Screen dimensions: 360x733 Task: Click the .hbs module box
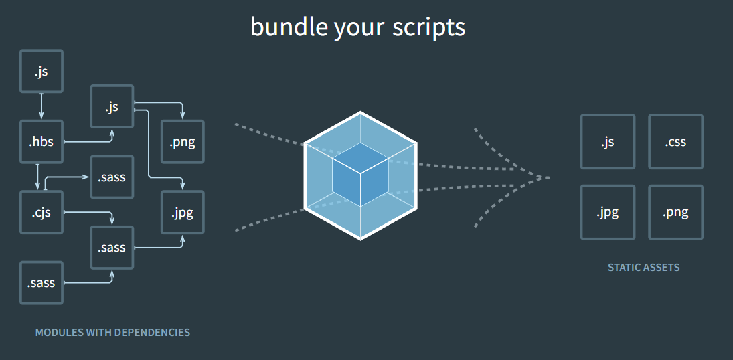pyautogui.click(x=42, y=142)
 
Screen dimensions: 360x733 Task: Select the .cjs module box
pyautogui.click(x=42, y=213)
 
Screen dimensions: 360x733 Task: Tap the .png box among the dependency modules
pyautogui.click(x=183, y=142)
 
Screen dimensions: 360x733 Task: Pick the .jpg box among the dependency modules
pyautogui.click(x=183, y=213)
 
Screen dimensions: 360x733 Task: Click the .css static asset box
pyautogui.click(x=675, y=142)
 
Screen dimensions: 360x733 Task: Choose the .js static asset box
pyautogui.click(x=607, y=142)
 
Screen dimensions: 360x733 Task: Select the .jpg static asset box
pyautogui.click(x=607, y=213)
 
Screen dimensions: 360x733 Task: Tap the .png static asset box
pyautogui.click(x=675, y=213)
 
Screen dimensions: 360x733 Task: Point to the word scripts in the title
pyautogui.click(x=428, y=27)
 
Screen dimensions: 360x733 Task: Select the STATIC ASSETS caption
pyautogui.click(x=643, y=268)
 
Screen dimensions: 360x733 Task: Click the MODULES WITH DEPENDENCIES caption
pyautogui.click(x=112, y=332)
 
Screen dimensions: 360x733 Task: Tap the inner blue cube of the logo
pyautogui.click(x=360, y=170)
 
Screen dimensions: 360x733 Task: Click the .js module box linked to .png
pyautogui.click(x=112, y=106)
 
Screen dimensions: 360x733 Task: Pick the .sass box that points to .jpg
pyautogui.click(x=112, y=248)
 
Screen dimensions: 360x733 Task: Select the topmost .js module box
pyautogui.click(x=42, y=71)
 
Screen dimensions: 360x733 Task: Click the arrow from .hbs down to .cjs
pyautogui.click(x=37, y=177)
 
